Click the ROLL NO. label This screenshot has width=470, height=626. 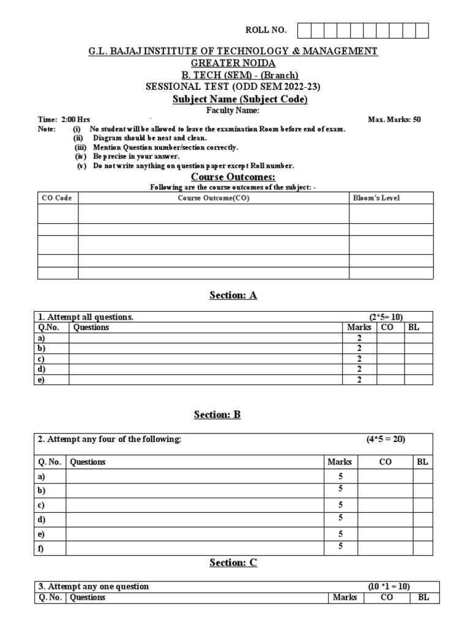266,31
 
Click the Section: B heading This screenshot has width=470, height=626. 217,414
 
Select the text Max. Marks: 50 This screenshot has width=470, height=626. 394,119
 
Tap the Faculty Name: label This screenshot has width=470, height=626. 235,110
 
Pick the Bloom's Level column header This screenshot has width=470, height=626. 376,198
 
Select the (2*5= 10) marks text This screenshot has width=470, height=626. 386,317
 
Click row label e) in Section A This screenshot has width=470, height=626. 42,380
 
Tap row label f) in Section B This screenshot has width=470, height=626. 40,548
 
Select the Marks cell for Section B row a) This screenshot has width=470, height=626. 340,476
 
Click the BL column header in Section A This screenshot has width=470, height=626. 414,327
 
